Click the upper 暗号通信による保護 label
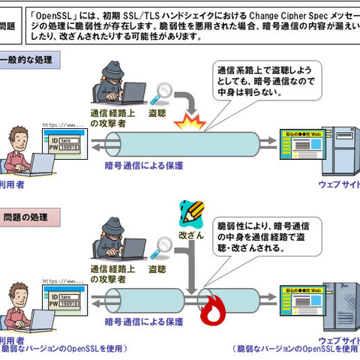pos(142,166)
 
